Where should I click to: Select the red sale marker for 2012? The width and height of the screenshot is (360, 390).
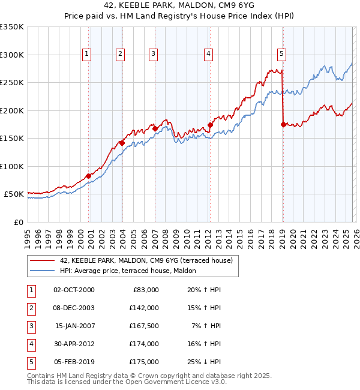click(x=210, y=125)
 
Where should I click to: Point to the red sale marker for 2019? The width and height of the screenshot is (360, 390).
click(x=283, y=125)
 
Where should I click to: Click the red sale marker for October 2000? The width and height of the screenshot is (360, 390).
click(x=88, y=176)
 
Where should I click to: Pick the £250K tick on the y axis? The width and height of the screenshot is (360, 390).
click(x=12, y=83)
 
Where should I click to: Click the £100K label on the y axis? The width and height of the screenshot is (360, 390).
click(x=12, y=166)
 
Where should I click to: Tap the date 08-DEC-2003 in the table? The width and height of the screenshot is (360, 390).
click(x=74, y=308)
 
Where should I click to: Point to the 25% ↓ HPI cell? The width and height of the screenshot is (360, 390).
click(x=203, y=362)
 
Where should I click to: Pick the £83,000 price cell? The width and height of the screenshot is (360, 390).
click(x=144, y=290)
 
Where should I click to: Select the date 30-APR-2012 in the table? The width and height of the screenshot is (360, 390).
click(x=74, y=344)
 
